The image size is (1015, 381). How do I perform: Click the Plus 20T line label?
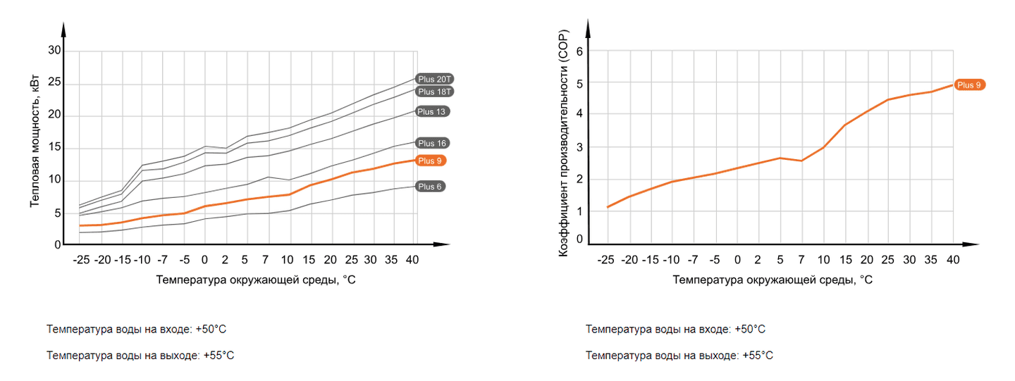pyautogui.click(x=434, y=79)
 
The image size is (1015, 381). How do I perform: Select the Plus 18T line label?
pyautogui.click(x=434, y=92)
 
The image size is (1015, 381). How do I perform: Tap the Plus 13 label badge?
pyautogui.click(x=432, y=111)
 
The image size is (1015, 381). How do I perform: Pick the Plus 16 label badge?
pyautogui.click(x=432, y=143)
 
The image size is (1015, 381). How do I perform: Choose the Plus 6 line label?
pyautogui.click(x=430, y=187)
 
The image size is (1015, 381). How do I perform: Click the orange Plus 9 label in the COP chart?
pyautogui.click(x=969, y=85)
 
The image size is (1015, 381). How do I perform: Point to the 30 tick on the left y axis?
pyautogui.click(x=54, y=51)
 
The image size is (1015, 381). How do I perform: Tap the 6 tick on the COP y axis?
pyautogui.click(x=579, y=51)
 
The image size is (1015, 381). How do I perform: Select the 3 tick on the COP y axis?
pyautogui.click(x=579, y=147)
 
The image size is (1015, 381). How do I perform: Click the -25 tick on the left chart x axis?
pyautogui.click(x=81, y=260)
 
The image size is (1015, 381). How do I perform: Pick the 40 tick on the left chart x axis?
pyautogui.click(x=412, y=260)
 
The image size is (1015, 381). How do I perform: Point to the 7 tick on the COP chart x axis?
pyautogui.click(x=801, y=260)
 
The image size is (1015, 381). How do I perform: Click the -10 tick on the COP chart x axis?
pyautogui.click(x=672, y=260)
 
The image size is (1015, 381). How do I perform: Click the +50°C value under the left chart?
pyautogui.click(x=211, y=330)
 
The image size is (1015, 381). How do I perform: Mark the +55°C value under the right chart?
pyautogui.click(x=758, y=356)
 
